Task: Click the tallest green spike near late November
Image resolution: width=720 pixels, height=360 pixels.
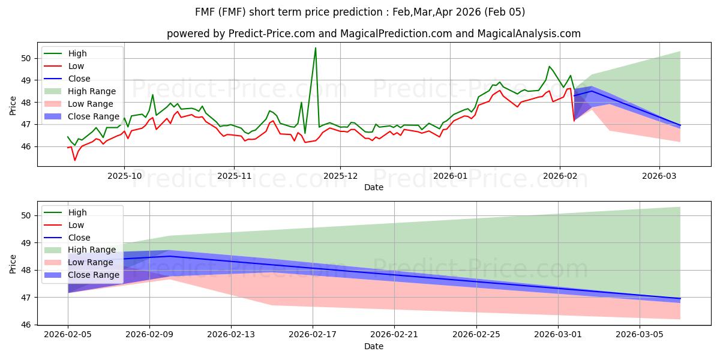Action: tap(316, 48)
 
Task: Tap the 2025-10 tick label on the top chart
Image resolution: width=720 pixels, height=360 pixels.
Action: tap(124, 176)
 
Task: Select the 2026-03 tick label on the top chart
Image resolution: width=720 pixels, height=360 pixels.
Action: tap(659, 176)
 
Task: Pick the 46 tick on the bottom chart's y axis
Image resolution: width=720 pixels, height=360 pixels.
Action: tap(26, 325)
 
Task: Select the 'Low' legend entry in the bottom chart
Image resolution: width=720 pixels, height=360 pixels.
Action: tap(76, 225)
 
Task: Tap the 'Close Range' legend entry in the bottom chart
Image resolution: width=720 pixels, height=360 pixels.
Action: tap(94, 275)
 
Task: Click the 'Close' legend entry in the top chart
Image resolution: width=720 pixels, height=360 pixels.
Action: tap(79, 79)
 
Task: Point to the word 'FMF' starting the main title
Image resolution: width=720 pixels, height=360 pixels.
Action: tap(206, 12)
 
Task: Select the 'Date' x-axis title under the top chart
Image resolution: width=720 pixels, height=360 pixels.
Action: tap(373, 188)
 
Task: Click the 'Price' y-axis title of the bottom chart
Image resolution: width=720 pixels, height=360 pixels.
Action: tap(13, 264)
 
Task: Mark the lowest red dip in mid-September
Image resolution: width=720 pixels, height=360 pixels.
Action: tap(75, 160)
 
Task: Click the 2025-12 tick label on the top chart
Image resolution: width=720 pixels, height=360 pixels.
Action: tap(340, 176)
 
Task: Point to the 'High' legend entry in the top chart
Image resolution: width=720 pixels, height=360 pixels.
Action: tap(77, 53)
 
